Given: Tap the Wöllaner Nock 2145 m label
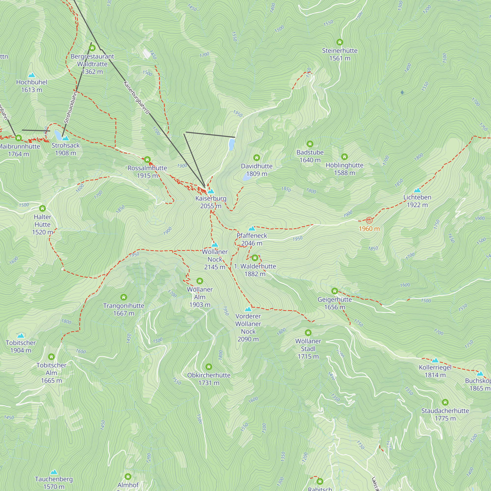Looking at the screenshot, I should (x=215, y=259).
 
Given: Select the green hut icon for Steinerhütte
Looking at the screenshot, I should (x=340, y=42).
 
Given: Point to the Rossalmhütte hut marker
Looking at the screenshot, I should (x=147, y=160).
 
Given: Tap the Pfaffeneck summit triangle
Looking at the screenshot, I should (x=252, y=229).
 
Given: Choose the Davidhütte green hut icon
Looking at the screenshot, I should (x=257, y=158).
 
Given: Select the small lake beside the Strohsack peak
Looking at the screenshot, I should (x=57, y=135).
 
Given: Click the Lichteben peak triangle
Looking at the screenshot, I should (x=417, y=190).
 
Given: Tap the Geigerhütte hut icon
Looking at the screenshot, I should (x=334, y=291).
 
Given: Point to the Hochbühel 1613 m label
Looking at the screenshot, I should (x=31, y=86).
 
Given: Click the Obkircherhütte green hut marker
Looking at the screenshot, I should (x=209, y=367).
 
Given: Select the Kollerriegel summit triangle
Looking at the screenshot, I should (x=435, y=360).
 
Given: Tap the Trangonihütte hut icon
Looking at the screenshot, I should (x=123, y=297).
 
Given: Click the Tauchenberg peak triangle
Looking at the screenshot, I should (x=54, y=472).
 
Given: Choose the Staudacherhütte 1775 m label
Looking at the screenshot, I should (x=445, y=414).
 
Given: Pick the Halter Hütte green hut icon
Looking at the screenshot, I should (x=42, y=208).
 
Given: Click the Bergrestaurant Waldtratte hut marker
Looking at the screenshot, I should (x=92, y=48).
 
